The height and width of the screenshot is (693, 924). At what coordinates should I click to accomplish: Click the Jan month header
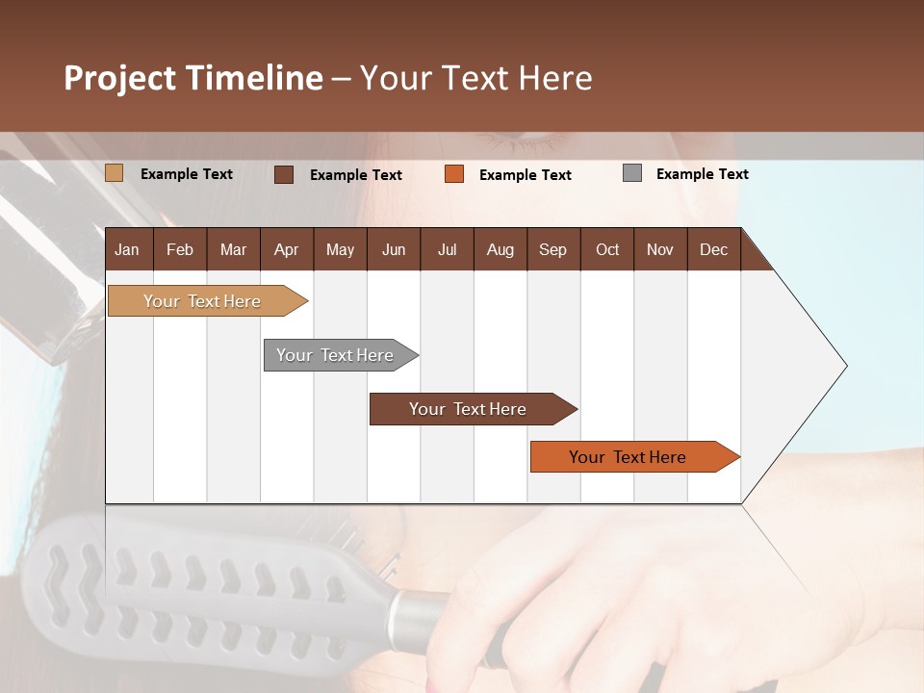[127, 249]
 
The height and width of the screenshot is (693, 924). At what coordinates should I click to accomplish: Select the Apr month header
[286, 249]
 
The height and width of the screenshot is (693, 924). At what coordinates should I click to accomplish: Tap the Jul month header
[447, 249]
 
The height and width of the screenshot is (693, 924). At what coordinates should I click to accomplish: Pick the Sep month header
[552, 249]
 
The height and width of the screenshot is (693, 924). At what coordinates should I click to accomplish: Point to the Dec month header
[713, 249]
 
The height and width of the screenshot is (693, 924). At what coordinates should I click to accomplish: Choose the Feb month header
[180, 249]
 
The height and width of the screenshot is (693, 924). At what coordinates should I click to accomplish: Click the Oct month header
[607, 249]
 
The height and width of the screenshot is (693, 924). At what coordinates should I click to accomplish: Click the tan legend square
[114, 173]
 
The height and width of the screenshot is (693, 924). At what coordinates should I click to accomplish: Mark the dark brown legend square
[283, 174]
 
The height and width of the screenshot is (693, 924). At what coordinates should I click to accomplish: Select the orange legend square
[454, 173]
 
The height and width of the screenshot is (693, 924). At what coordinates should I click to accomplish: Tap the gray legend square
[632, 173]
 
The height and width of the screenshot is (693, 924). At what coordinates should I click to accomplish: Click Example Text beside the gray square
[702, 174]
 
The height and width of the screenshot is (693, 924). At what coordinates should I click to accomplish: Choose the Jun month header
[394, 249]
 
